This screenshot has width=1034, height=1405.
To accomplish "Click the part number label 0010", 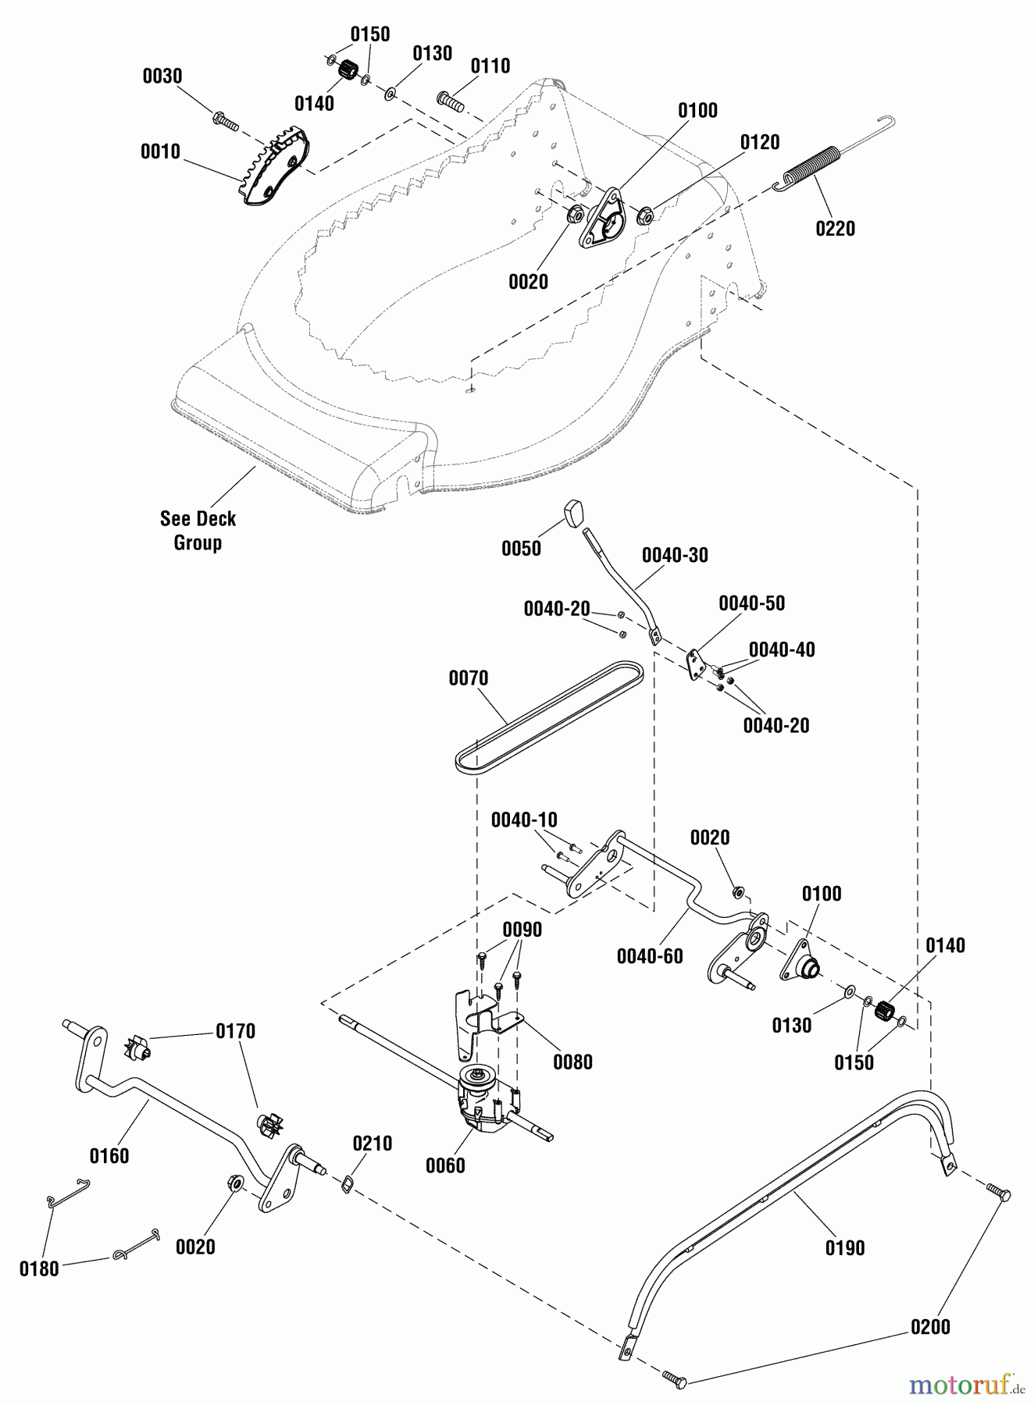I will (160, 151).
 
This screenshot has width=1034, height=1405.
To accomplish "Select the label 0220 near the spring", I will (835, 229).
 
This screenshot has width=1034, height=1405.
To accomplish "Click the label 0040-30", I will (675, 555).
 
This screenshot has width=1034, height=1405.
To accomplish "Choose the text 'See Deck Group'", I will (198, 531).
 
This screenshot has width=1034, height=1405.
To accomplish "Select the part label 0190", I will (845, 1247).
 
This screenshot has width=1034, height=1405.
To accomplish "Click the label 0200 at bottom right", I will (930, 1326).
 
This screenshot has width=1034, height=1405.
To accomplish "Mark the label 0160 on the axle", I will (109, 1155).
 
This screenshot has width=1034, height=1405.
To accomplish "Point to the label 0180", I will (39, 1268).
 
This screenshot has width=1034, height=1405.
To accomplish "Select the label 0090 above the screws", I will (522, 930).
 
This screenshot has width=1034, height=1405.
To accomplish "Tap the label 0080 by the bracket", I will (572, 1062).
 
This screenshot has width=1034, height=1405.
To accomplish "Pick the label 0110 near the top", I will (490, 66).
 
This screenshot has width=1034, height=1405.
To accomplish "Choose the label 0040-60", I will (650, 955).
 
